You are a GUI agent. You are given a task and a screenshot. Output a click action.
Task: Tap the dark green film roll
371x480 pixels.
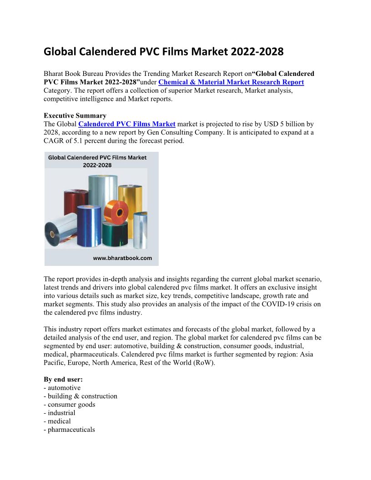tap(115, 236)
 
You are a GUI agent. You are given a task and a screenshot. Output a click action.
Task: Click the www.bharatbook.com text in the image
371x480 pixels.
tap(122, 258)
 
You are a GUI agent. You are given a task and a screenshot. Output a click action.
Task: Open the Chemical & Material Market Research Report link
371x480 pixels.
tap(231, 82)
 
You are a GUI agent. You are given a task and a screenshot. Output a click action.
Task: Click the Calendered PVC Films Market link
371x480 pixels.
tap(127, 124)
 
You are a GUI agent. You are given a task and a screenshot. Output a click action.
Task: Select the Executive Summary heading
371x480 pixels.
tap(75, 115)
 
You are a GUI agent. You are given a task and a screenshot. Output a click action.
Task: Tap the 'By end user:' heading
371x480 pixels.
tap(63, 379)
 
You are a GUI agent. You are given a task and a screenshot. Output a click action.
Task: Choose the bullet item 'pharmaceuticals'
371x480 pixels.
tap(71, 429)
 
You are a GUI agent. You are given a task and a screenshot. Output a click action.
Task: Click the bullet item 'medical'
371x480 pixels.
tap(59, 421)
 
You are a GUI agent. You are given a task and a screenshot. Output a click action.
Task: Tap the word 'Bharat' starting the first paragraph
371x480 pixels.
tap(54, 74)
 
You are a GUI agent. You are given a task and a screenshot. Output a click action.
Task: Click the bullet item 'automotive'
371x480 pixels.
tap(64, 388)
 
